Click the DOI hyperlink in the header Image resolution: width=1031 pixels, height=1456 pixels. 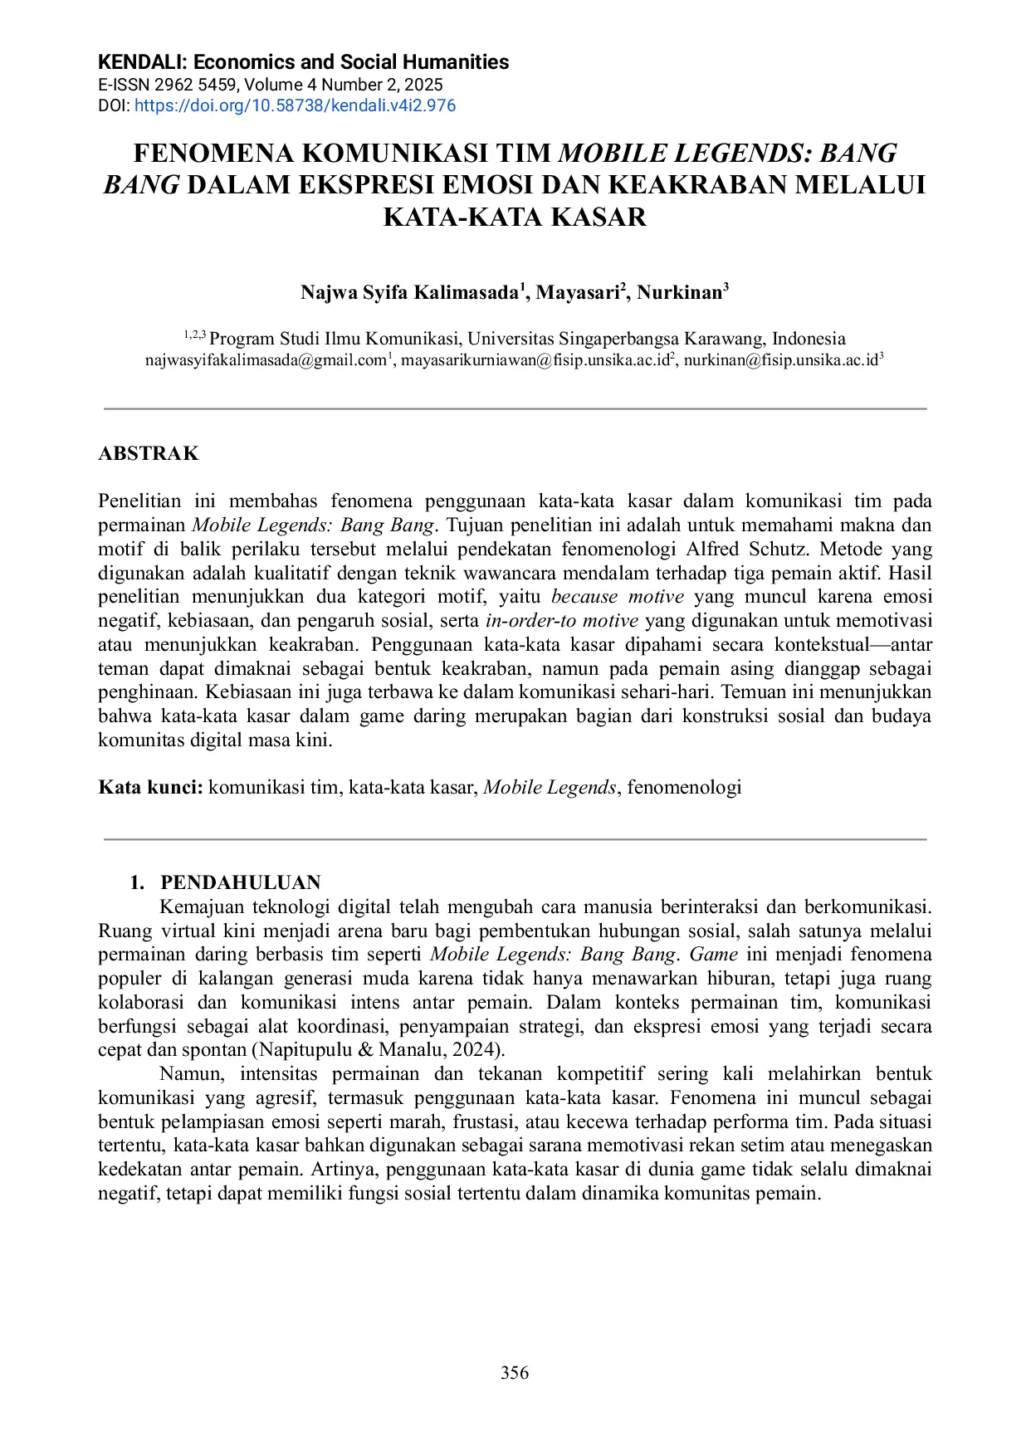coord(295,105)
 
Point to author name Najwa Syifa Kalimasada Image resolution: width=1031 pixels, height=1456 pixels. coord(408,293)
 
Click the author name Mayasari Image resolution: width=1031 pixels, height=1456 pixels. coord(578,293)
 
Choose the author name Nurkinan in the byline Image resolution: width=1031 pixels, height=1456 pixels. coord(680,293)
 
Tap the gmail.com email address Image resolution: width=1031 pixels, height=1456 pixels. coord(266,360)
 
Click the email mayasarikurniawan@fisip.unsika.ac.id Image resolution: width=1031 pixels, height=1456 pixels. coord(535,360)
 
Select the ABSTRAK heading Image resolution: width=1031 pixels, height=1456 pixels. coord(149,453)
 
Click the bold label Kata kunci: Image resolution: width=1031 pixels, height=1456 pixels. coord(150,787)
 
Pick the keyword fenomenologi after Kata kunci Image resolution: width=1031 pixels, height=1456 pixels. coord(684,787)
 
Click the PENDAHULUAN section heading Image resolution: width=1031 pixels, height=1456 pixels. coord(240,882)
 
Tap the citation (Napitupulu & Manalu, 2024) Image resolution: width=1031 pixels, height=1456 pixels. coord(379,1049)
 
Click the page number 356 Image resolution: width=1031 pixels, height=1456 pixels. coord(515,1373)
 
